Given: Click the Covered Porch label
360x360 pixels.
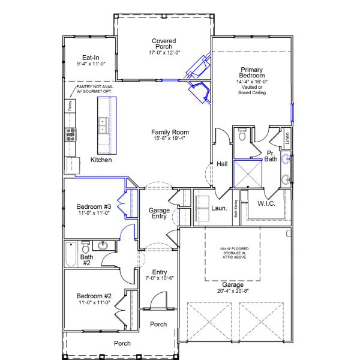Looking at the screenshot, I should [x=163, y=44].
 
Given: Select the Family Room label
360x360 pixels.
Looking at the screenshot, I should [x=170, y=132].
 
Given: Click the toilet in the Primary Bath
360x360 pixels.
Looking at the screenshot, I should [x=241, y=136].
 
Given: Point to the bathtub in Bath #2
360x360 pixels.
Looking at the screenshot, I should [x=70, y=253].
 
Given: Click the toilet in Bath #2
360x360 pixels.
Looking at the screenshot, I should [x=86, y=247].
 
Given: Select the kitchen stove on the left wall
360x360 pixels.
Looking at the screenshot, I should [x=71, y=133].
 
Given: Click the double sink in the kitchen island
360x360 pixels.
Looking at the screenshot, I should [x=103, y=125].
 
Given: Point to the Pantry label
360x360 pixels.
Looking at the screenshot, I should [x=70, y=106].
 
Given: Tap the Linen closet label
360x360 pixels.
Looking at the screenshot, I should [x=287, y=138].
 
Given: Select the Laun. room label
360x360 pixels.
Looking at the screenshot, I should [x=219, y=209].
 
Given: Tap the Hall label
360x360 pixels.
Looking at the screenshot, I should [x=222, y=164].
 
